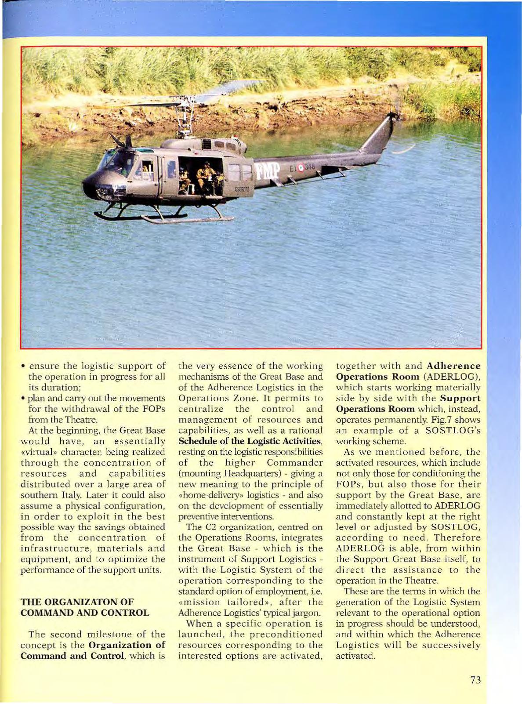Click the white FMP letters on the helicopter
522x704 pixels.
click(268, 171)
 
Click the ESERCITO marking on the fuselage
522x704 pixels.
click(242, 189)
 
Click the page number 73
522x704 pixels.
click(475, 680)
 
